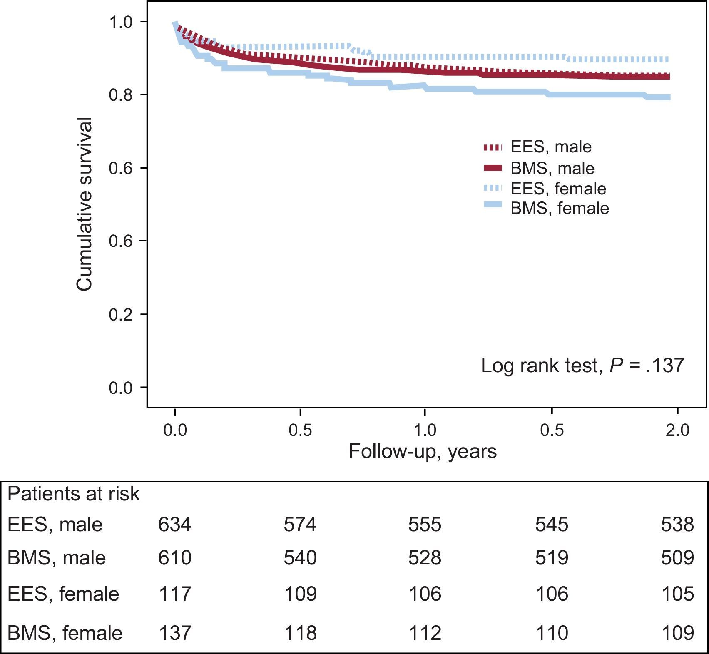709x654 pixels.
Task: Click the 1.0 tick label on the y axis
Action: tap(121, 22)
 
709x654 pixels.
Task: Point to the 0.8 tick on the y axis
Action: tap(121, 95)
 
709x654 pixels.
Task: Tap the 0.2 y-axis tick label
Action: tap(121, 314)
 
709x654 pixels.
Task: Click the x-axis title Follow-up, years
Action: tap(423, 451)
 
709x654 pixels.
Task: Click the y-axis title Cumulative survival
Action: tap(84, 204)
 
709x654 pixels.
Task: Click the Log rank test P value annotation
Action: tap(582, 366)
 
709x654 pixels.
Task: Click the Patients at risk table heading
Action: tap(74, 494)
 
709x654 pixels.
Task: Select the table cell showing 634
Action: tap(175, 524)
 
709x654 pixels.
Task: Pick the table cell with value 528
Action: tap(425, 558)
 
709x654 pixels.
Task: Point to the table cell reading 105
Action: tap(677, 594)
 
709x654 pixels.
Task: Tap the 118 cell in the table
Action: tap(300, 633)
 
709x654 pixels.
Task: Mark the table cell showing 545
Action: tap(552, 524)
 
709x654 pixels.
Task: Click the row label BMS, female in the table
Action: tap(65, 633)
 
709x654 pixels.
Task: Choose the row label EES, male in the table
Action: tap(55, 524)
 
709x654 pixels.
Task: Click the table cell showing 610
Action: tap(175, 558)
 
